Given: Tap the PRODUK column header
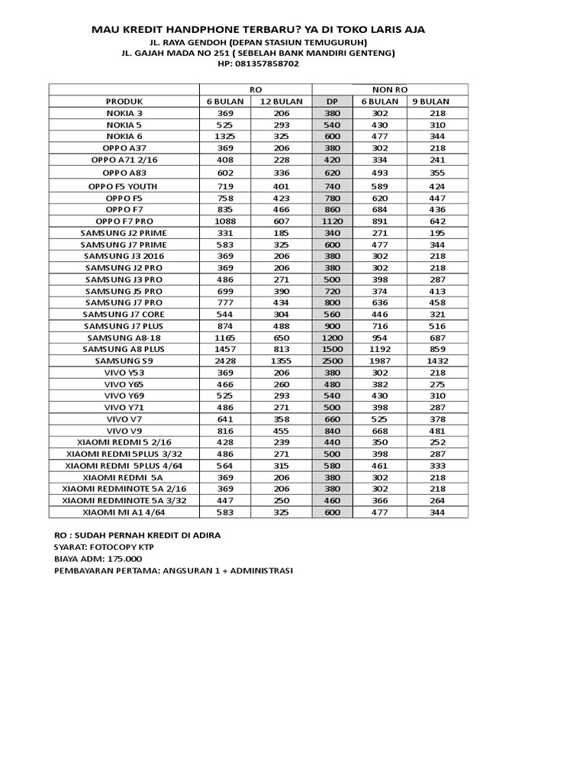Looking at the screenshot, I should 124,101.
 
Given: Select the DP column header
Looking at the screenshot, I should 332,101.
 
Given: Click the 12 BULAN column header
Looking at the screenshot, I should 281,101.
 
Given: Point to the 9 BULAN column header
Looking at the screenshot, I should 430,101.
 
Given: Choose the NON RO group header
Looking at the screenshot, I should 390,89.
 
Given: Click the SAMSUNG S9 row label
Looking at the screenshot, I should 124,360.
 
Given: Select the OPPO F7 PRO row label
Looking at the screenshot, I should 124,221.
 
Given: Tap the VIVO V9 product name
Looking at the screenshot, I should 124,431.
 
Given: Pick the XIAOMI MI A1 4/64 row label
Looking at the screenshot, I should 124,512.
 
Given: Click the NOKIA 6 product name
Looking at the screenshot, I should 124,135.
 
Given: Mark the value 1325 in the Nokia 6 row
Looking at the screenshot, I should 224,135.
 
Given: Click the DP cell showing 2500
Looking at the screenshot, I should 332,360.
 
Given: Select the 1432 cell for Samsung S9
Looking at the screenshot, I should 437,360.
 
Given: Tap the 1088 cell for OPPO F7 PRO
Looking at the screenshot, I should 224,221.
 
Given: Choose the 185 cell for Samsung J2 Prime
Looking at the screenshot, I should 281,232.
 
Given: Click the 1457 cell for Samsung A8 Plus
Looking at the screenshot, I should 224,349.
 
